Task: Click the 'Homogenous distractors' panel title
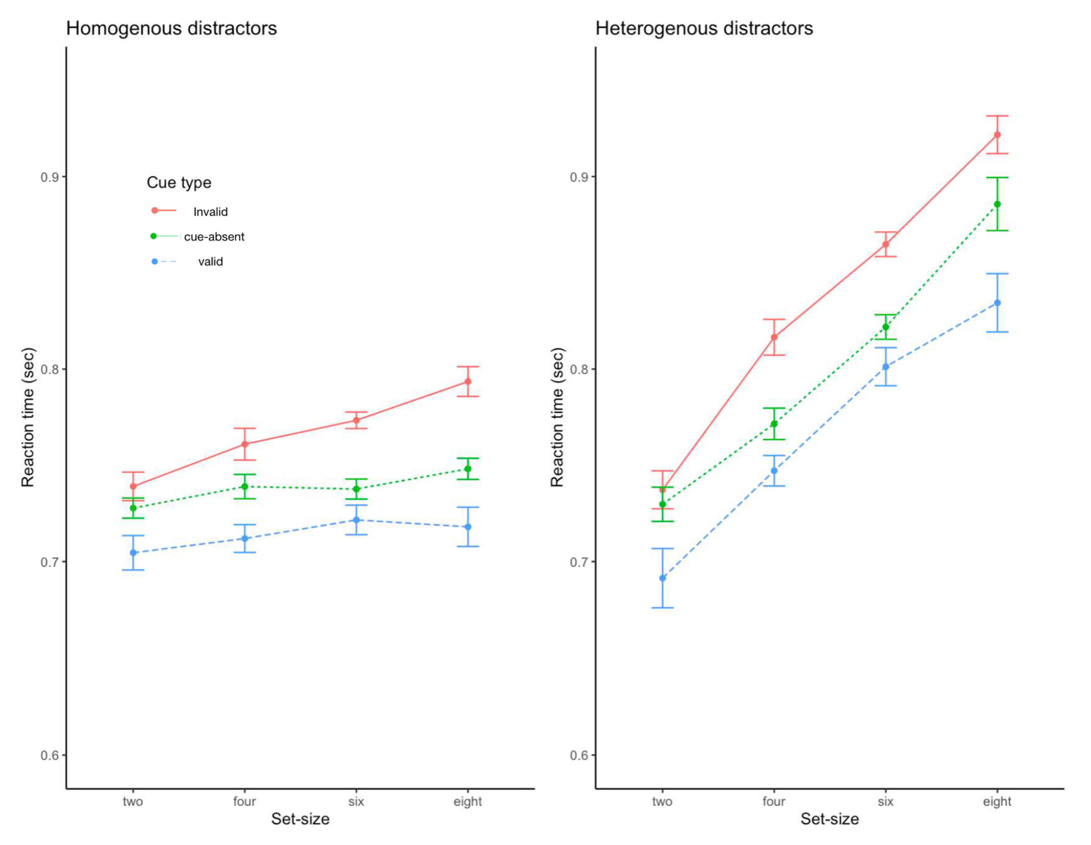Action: pyautogui.click(x=171, y=29)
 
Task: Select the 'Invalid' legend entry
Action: pyautogui.click(x=210, y=212)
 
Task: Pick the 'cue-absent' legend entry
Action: pyautogui.click(x=214, y=237)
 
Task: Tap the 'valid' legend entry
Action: pyautogui.click(x=210, y=262)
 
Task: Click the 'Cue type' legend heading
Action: pyautogui.click(x=179, y=183)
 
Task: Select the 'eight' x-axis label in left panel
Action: pyautogui.click(x=468, y=801)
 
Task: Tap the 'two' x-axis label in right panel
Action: pyautogui.click(x=662, y=801)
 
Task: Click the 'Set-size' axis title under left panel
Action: pyautogui.click(x=300, y=819)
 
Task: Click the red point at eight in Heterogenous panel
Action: pyautogui.click(x=997, y=135)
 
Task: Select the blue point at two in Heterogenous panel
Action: pyautogui.click(x=662, y=578)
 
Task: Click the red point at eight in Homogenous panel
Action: pyautogui.click(x=468, y=382)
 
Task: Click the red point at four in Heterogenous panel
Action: pyautogui.click(x=774, y=337)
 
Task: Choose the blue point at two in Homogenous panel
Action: pyautogui.click(x=133, y=553)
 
